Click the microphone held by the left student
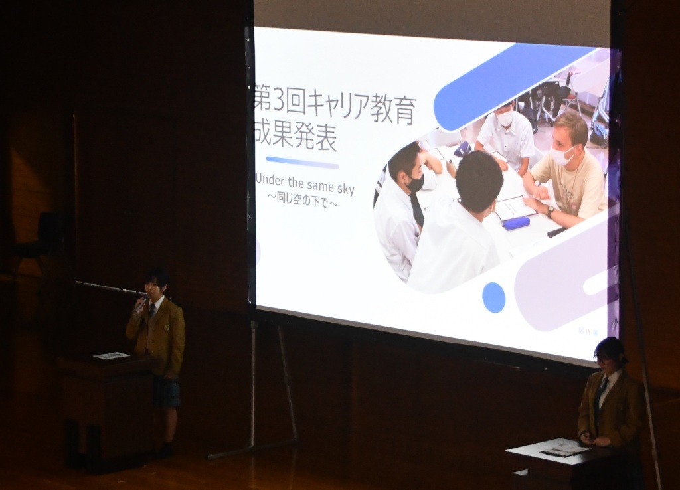pyautogui.click(x=140, y=304)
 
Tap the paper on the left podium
pyautogui.click(x=112, y=356)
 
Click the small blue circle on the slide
pyautogui.click(x=494, y=297)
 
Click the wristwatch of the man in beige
pyautogui.click(x=551, y=212)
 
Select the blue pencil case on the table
pyautogui.click(x=515, y=223)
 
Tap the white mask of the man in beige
pyautogui.click(x=562, y=155)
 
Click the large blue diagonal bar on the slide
pyautogui.click(x=515, y=87)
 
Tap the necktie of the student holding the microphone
pyautogui.click(x=152, y=310)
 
